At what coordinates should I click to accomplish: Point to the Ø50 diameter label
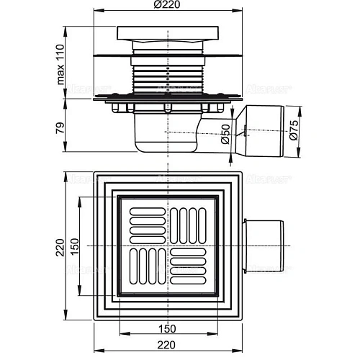225,136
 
